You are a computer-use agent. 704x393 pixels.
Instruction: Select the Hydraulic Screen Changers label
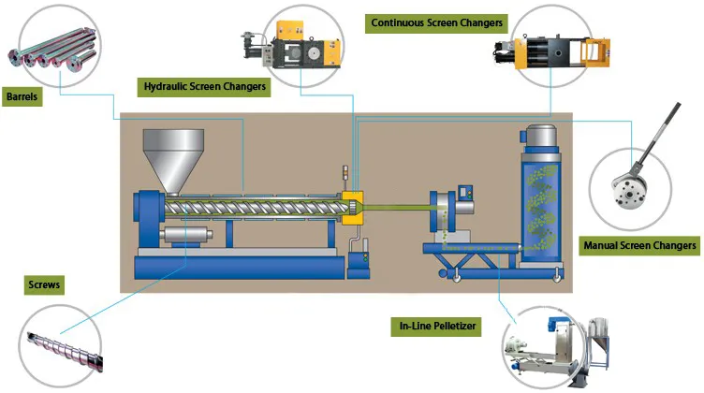click(205, 87)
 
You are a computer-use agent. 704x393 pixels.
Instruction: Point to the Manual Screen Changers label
click(641, 246)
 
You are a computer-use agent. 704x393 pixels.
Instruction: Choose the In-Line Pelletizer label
click(433, 327)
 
